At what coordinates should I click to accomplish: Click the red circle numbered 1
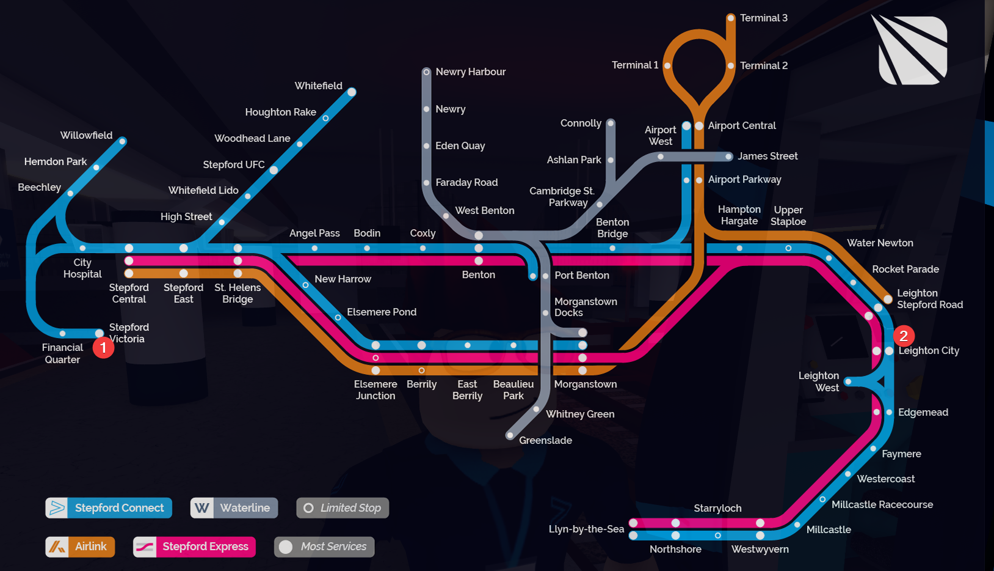pos(103,348)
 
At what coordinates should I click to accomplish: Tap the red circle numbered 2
pos(904,336)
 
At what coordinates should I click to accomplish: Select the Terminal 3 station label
pos(763,18)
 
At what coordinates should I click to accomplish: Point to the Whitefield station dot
pos(352,92)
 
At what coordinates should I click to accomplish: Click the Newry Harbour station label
pos(470,72)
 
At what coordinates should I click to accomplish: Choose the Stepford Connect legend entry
pos(109,508)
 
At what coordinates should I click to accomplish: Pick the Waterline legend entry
pos(234,508)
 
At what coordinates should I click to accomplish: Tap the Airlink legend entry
pos(80,547)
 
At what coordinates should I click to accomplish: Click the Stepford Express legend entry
pos(194,547)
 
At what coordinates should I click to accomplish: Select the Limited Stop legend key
pos(343,508)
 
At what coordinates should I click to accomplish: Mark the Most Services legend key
pos(324,547)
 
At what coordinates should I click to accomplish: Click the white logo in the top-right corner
pos(912,50)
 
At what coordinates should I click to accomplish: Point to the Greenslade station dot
pos(510,436)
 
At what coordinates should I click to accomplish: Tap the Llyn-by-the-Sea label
pos(586,529)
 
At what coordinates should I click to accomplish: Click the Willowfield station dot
pos(123,141)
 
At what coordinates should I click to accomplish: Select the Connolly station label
pos(581,123)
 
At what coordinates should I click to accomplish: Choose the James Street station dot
pos(728,157)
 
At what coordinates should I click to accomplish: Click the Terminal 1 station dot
pos(667,65)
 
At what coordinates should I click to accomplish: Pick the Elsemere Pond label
pos(382,312)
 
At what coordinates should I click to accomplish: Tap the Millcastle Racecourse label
pos(882,505)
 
